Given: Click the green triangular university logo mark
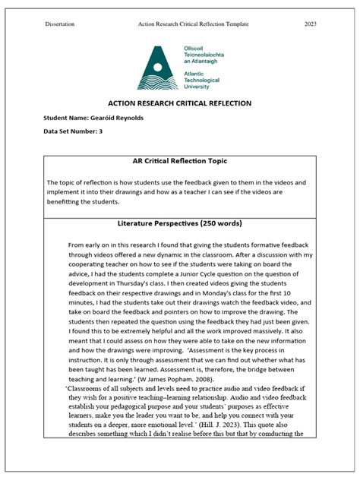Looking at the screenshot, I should tap(158, 68).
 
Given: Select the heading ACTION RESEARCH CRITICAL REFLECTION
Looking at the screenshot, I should tap(179, 103).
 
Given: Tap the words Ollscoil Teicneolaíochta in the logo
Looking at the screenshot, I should tap(207, 52).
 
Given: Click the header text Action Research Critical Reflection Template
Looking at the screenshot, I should tap(194, 24).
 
